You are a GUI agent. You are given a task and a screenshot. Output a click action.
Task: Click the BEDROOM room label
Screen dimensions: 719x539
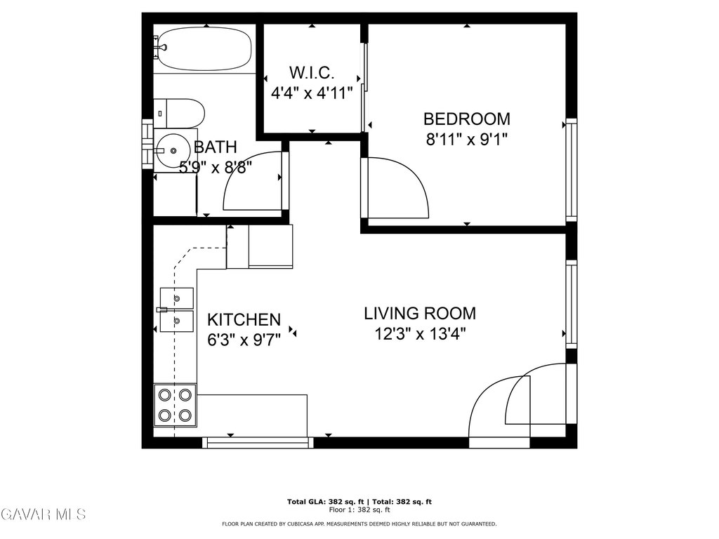coord(466,119)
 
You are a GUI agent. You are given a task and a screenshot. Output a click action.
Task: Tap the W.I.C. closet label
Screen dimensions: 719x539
coord(312,73)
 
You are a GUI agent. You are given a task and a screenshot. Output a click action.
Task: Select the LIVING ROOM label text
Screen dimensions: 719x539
coord(420,314)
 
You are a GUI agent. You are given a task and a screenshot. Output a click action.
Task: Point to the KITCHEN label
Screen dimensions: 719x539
coord(244,319)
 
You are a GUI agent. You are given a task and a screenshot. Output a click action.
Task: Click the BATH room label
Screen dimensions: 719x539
coord(215,147)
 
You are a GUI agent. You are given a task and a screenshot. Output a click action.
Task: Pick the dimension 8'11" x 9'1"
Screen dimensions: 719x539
coord(466,139)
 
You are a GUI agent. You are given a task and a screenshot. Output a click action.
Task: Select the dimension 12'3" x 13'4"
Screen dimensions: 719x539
coord(420,333)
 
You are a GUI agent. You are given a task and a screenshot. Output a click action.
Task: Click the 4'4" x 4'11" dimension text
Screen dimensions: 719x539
coord(312,93)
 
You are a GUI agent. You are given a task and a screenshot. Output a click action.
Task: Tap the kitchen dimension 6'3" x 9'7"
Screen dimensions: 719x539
coord(244,340)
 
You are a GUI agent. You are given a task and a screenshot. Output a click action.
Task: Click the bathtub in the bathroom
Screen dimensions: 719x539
coord(204,49)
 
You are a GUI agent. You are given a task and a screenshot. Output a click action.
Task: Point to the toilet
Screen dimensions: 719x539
coord(179,113)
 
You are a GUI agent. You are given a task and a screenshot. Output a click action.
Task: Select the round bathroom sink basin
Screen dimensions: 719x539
coord(172,150)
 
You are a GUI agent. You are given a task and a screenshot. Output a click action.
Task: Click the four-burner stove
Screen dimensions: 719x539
coord(175,405)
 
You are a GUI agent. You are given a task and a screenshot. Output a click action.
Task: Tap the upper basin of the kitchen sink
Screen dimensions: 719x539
coord(176,298)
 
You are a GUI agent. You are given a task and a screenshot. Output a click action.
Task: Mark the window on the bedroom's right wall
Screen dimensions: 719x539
coord(571,170)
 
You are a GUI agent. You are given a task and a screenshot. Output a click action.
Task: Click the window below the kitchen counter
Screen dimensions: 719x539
coord(258,442)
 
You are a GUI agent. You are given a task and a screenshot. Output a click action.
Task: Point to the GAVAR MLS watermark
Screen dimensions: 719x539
coord(43,514)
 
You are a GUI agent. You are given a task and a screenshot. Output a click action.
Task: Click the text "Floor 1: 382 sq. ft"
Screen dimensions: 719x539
coord(359,510)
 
